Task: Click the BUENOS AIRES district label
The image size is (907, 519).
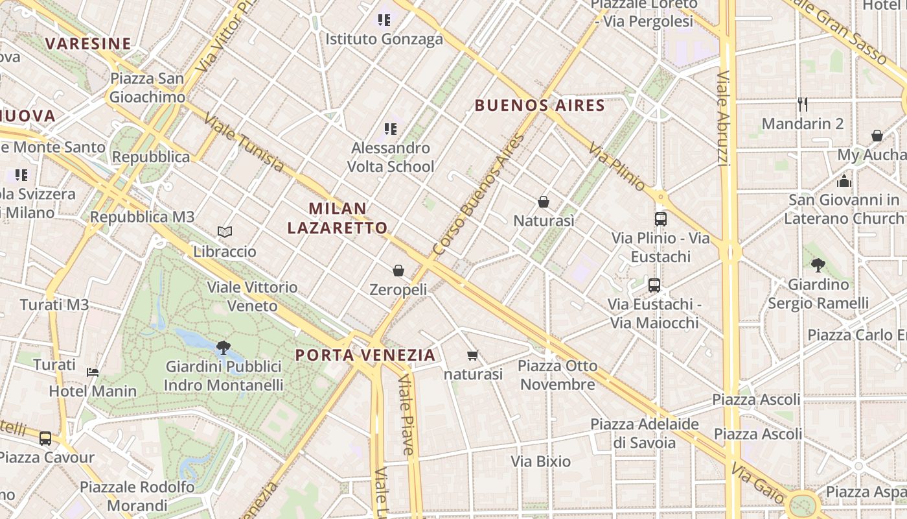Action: [540, 105]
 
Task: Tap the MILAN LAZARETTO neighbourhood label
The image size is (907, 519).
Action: [338, 218]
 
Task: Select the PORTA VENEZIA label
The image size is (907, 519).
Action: [365, 355]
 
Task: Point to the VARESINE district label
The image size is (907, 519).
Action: [88, 43]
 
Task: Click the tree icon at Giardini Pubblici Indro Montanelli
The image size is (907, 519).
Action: [224, 347]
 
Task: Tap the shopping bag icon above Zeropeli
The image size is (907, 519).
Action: [398, 271]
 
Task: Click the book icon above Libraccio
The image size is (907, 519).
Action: [225, 232]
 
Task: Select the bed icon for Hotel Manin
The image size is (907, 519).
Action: [93, 372]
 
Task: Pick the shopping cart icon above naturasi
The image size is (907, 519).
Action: [473, 355]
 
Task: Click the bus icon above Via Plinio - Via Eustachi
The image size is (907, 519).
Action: [661, 219]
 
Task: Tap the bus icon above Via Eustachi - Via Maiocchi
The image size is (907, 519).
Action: [654, 285]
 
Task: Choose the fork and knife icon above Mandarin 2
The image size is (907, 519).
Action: [803, 104]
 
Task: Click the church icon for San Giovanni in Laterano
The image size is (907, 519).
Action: [844, 181]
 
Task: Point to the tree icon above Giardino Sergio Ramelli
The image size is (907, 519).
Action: [818, 265]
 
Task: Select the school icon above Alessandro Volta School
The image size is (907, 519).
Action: [390, 129]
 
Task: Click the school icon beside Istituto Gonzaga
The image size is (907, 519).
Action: [384, 20]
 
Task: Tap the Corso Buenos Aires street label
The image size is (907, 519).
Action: [479, 194]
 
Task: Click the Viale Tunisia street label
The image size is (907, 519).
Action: [244, 144]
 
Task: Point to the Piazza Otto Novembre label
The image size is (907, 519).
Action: [557, 375]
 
